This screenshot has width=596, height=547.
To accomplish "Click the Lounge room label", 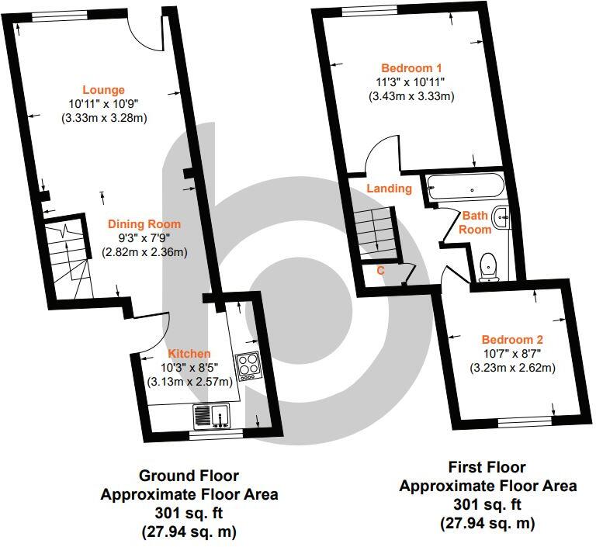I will (x=104, y=90).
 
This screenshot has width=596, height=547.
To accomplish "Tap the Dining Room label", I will (x=144, y=224).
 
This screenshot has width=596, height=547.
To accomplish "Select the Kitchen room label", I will (x=190, y=354).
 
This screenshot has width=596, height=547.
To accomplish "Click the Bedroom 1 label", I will (x=411, y=67).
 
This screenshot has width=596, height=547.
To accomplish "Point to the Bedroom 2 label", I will (x=512, y=340).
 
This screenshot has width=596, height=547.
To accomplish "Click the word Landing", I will (x=389, y=189).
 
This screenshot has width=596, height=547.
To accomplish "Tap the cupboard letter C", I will (x=380, y=271).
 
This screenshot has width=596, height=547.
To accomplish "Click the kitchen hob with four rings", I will (x=248, y=365).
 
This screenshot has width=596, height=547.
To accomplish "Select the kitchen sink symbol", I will (x=212, y=416).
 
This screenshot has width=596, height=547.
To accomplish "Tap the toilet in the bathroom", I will (x=489, y=265).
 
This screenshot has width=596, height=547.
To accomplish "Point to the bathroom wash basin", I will (x=502, y=220).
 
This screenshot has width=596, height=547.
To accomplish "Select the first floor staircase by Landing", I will (x=373, y=230).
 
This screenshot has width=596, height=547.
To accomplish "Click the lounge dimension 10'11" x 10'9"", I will (x=104, y=104).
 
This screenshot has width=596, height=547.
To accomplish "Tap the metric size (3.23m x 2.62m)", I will (x=512, y=368).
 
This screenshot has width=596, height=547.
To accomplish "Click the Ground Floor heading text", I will (x=189, y=476).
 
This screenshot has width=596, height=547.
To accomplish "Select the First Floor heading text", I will (x=487, y=468).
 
